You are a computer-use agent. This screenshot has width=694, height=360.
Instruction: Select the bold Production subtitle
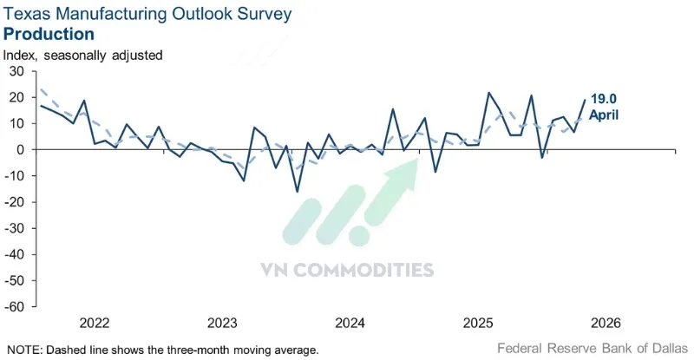point(49,34)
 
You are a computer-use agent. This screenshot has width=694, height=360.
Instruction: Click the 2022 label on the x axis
point(95,323)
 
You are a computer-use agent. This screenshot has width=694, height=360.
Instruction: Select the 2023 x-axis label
point(223,323)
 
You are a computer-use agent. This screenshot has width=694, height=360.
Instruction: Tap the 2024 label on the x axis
point(350,323)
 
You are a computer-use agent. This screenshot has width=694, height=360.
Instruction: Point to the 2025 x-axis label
point(479,323)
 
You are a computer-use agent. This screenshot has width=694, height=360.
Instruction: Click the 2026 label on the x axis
point(605,323)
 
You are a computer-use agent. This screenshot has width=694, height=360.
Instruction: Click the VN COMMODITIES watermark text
point(346,270)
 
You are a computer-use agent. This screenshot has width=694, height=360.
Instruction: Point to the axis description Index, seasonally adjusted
point(83,55)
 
